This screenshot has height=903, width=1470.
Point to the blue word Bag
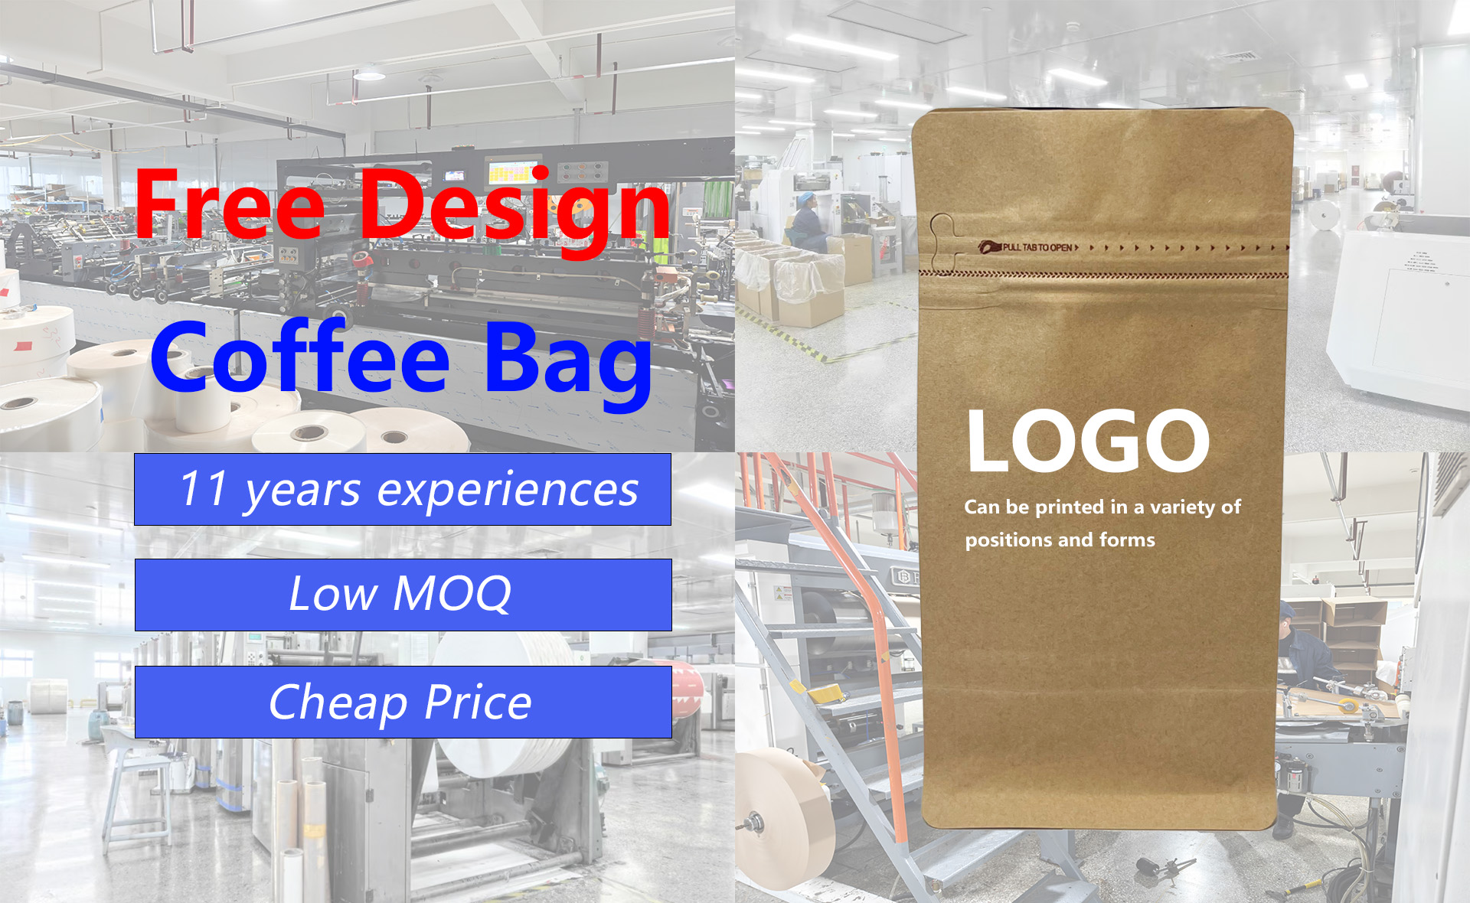point(568,364)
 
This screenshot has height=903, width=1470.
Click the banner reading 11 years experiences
point(403,489)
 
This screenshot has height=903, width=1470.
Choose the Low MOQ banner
point(403,595)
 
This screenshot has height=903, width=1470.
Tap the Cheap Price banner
point(403,702)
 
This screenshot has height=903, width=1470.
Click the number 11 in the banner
point(203,488)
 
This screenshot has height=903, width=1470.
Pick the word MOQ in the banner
point(452,593)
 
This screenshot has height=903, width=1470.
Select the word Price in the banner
point(478,702)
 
